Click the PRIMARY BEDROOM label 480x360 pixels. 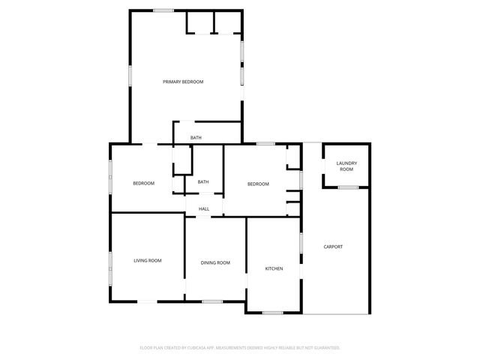click(183, 82)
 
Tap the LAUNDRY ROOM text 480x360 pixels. click(346, 166)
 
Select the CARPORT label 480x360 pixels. click(333, 247)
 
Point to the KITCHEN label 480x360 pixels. click(274, 268)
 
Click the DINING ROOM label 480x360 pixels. click(215, 262)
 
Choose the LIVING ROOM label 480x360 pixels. click(148, 260)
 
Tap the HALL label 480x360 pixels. click(204, 208)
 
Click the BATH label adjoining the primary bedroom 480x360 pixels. click(196, 138)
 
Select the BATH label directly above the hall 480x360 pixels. click(203, 182)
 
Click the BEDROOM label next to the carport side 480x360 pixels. click(259, 184)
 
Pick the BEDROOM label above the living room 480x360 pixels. click(144, 184)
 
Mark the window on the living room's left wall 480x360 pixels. click(111, 267)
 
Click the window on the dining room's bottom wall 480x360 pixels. click(212, 301)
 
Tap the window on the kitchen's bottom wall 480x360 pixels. click(272, 312)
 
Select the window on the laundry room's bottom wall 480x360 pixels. click(346, 187)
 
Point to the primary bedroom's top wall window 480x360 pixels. click(164, 10)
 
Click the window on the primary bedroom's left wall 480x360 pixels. click(130, 76)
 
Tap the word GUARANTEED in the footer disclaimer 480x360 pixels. click(323, 348)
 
